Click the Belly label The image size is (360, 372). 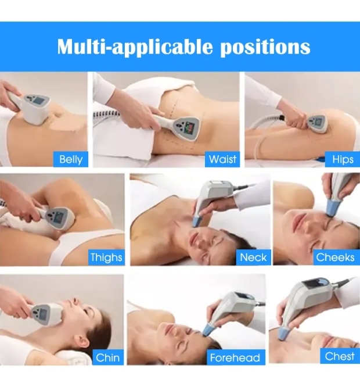coord(71,159)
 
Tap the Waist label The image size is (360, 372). coord(222,159)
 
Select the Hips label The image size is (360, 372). coord(343,159)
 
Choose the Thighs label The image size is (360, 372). coord(106,257)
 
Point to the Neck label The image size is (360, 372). coord(253,257)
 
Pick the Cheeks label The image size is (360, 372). coord(335,257)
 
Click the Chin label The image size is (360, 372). coord(108,357)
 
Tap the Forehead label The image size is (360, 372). coord(235,357)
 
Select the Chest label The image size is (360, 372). coord(340,356)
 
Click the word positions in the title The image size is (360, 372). coord(264,46)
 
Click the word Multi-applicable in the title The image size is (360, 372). coord(135,46)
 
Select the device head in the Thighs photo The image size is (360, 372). coord(58,220)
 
